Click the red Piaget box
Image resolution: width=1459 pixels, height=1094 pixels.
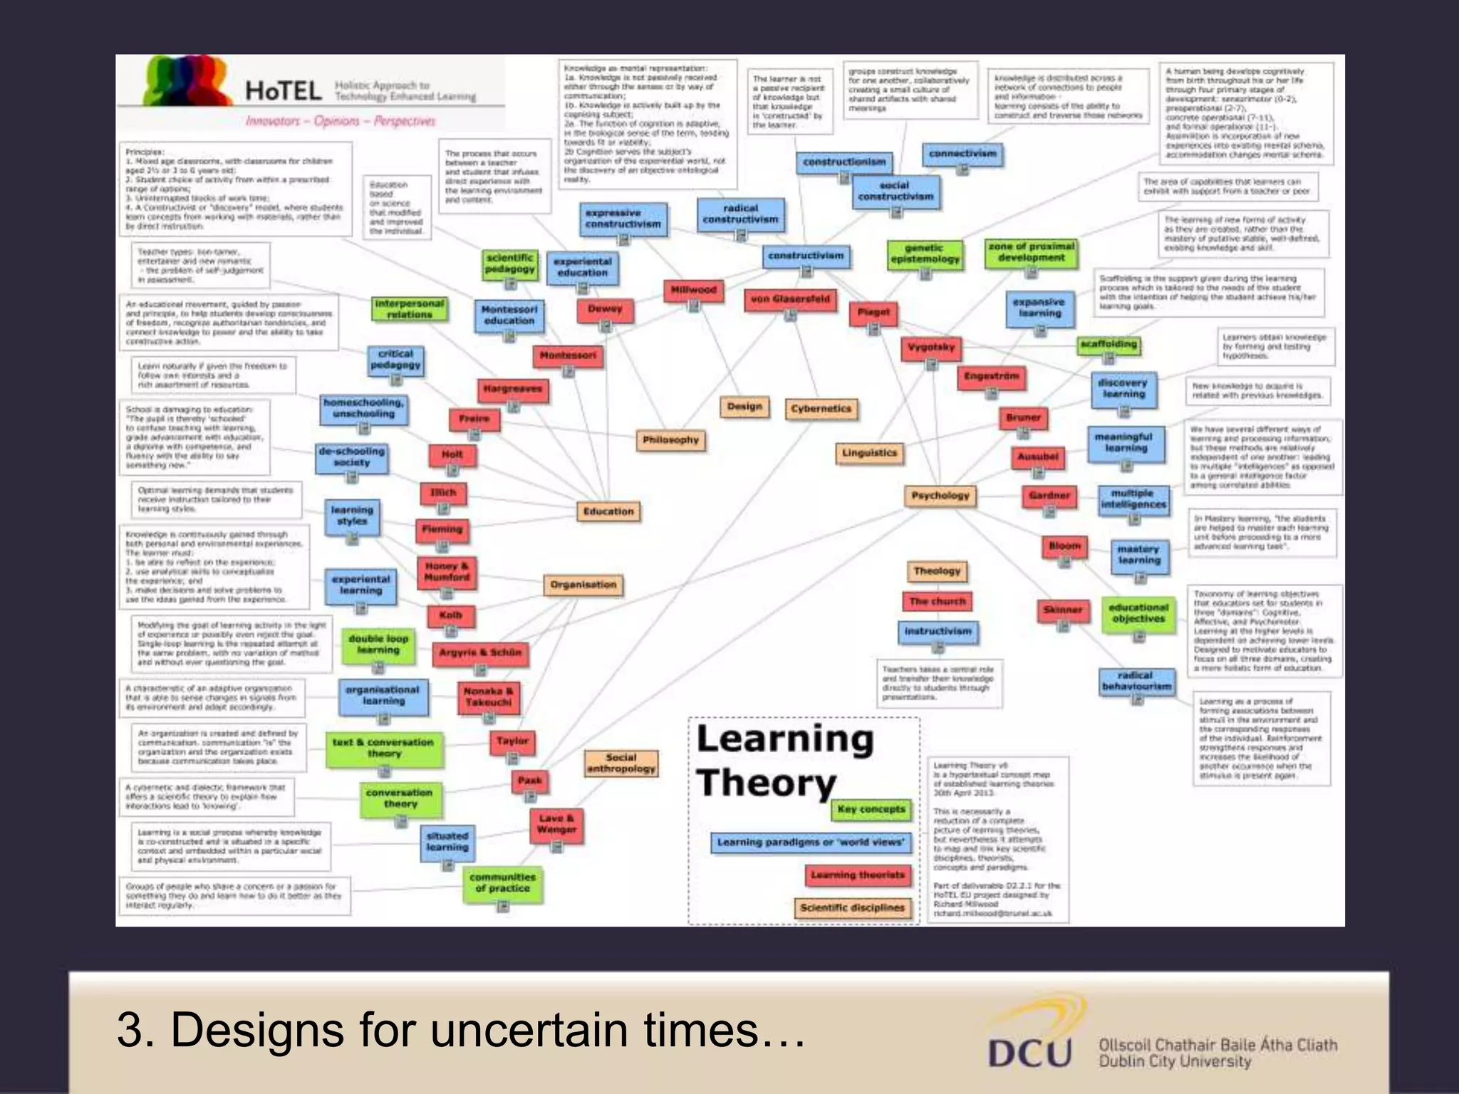(x=873, y=312)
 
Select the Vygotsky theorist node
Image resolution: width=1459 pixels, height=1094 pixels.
(x=931, y=348)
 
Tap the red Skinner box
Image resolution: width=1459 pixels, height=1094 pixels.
(x=1062, y=610)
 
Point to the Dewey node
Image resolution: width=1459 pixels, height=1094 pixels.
(x=605, y=309)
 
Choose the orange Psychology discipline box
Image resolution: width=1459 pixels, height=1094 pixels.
(x=940, y=496)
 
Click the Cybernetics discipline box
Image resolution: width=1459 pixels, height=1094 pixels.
(x=821, y=409)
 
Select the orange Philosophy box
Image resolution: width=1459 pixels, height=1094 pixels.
(x=670, y=440)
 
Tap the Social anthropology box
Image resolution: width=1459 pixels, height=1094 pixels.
(x=621, y=763)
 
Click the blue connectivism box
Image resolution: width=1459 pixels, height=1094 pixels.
(x=962, y=154)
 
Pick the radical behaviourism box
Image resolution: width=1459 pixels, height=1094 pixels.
(x=1136, y=681)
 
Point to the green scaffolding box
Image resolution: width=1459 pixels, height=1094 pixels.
(x=1108, y=345)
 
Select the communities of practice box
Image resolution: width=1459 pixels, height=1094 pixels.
(x=502, y=883)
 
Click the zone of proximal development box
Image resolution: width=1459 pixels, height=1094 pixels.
(x=1031, y=252)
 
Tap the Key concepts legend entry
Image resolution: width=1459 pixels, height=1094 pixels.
(x=871, y=809)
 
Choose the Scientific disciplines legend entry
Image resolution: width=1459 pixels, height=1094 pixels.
(x=852, y=907)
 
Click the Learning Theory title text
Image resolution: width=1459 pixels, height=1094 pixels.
(x=784, y=761)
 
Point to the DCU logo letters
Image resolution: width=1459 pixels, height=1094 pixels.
(x=1029, y=1053)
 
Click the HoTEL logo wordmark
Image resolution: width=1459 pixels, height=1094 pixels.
(x=284, y=91)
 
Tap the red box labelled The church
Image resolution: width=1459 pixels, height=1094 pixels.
(x=937, y=601)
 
